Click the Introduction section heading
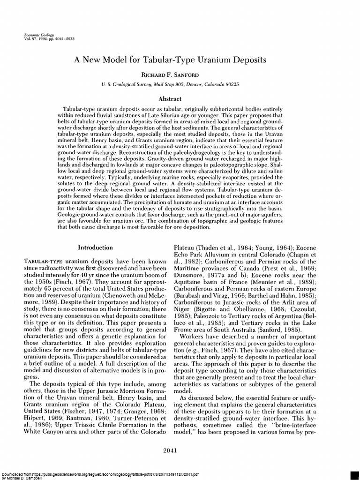[95, 247]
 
